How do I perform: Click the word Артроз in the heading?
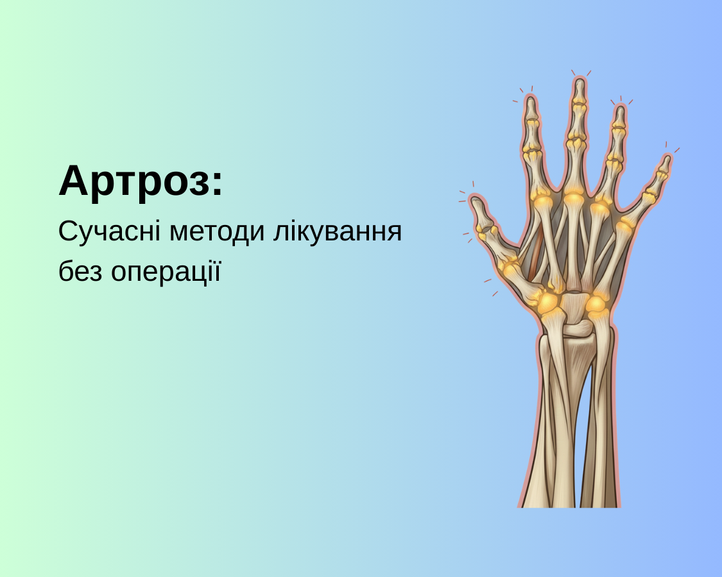(x=135, y=181)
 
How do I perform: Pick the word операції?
(x=166, y=271)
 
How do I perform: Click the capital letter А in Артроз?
(x=73, y=181)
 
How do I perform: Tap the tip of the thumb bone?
(x=476, y=203)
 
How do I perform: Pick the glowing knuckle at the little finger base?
(x=624, y=224)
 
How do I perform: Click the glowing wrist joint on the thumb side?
(x=549, y=301)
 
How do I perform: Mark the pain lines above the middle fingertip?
(x=580, y=72)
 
